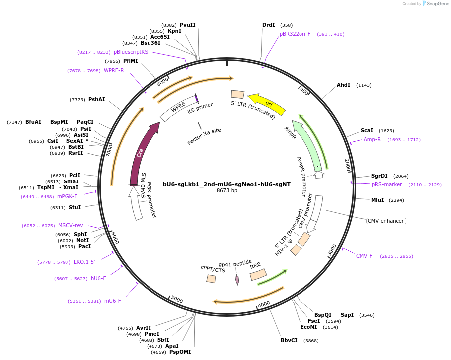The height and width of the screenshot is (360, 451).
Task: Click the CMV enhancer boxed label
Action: (385, 221)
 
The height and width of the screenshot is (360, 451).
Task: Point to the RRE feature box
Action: (258, 274)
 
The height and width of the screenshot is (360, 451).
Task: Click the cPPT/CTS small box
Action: (211, 279)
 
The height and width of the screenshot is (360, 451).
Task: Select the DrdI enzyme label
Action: (268, 25)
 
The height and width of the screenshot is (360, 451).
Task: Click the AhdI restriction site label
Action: (343, 85)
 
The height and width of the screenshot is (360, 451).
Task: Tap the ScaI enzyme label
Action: (367, 130)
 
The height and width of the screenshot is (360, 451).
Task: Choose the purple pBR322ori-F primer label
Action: (295, 34)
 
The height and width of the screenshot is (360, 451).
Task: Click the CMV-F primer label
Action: (364, 256)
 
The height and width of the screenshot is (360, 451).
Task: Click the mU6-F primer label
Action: (112, 301)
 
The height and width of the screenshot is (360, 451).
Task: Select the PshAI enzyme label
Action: (96, 99)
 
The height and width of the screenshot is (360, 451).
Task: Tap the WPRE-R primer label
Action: (114, 70)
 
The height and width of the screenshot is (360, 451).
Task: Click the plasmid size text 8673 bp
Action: (226, 190)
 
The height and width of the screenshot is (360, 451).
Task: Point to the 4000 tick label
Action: (264, 303)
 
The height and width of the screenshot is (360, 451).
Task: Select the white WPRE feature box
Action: (178, 108)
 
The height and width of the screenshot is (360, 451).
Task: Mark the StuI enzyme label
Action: (75, 207)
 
